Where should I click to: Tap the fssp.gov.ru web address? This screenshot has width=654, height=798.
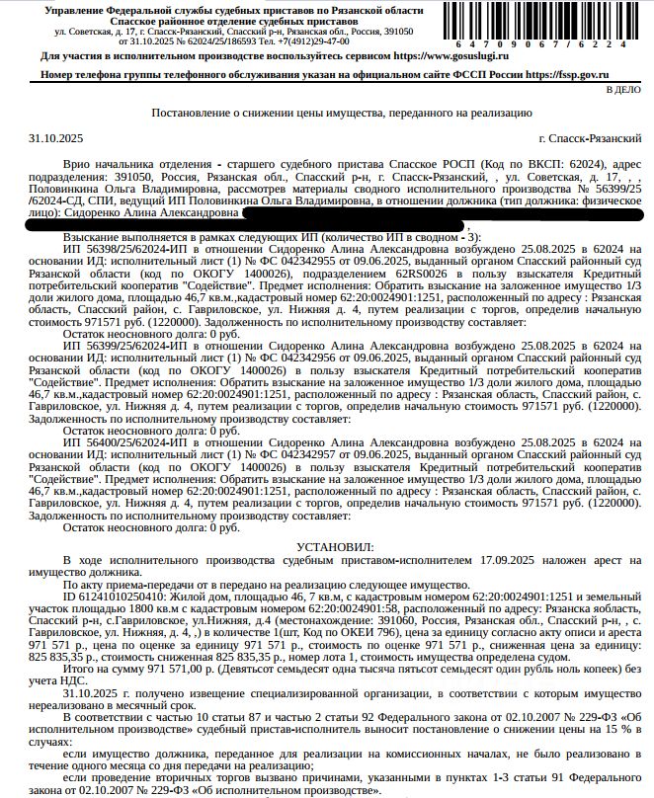pos(567,74)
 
